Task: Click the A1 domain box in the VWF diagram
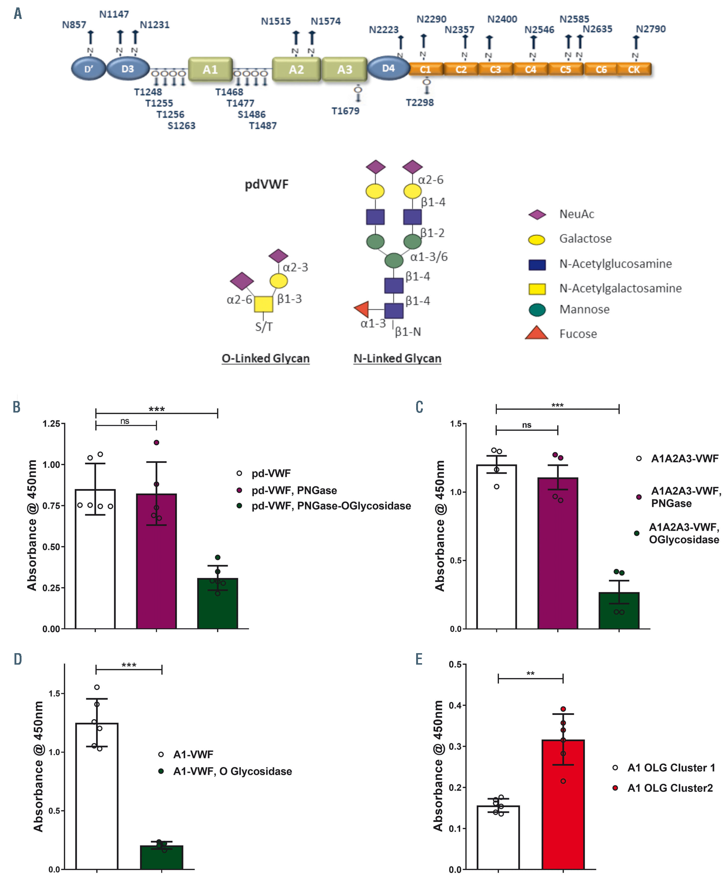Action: click(x=210, y=69)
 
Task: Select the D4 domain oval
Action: click(x=388, y=68)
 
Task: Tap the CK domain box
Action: click(x=634, y=69)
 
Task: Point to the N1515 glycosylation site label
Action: click(x=275, y=21)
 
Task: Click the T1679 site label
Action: click(x=345, y=111)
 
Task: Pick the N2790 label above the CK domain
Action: click(x=650, y=29)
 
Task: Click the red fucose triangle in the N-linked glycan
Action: click(x=362, y=309)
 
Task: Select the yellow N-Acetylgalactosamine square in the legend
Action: click(x=537, y=289)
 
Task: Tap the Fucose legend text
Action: click(x=578, y=334)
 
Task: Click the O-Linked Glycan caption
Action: click(x=266, y=358)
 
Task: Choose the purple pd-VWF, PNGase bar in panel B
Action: click(x=156, y=561)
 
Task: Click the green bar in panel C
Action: click(x=618, y=610)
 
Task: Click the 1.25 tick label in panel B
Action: click(x=51, y=424)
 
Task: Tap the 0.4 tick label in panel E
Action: click(x=455, y=705)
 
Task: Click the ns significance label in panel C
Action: click(x=526, y=425)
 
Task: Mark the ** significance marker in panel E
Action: click(x=530, y=674)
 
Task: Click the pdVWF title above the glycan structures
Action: click(x=267, y=185)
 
